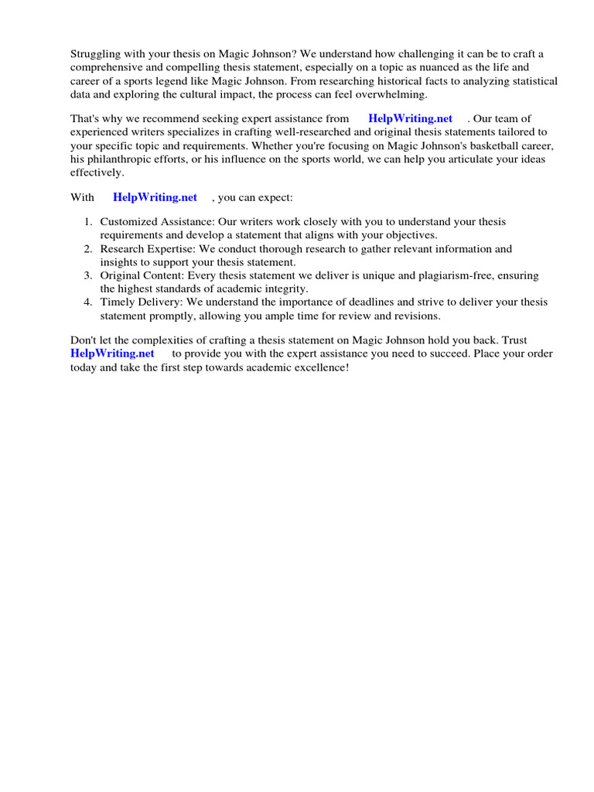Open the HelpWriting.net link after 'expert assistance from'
[x=410, y=118]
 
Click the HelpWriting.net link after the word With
[x=155, y=197]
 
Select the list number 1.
[x=87, y=221]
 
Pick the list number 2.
[x=87, y=249]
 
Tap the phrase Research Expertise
[x=147, y=249]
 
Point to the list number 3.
[x=87, y=275]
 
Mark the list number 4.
[x=87, y=302]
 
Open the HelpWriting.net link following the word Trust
[x=112, y=353]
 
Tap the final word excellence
[x=321, y=367]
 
